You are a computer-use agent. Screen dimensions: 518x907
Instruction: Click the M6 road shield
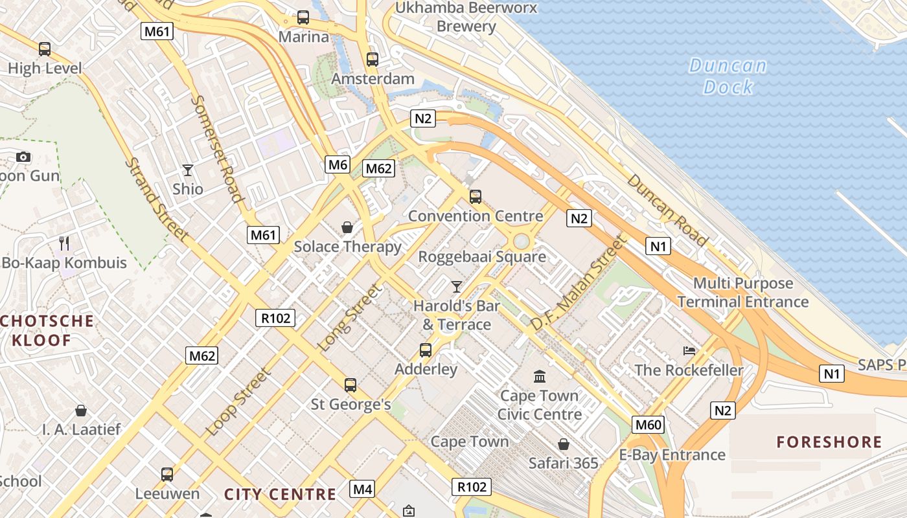tap(338, 164)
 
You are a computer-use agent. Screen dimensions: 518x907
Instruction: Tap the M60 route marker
tap(648, 425)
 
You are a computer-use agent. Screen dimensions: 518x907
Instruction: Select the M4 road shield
tap(362, 489)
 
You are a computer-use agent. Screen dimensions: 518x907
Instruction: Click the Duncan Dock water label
tap(728, 76)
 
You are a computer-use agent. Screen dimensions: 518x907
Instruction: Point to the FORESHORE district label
tap(829, 442)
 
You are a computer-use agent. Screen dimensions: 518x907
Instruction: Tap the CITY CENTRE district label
tap(280, 495)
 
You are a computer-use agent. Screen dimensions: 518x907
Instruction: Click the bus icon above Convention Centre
tap(476, 197)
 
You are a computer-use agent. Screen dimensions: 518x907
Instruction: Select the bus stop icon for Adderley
tap(426, 350)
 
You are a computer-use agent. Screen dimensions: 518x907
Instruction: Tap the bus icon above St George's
tap(350, 385)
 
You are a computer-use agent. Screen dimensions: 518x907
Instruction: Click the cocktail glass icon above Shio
tap(188, 170)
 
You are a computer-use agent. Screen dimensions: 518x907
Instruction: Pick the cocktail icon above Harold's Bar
tap(457, 286)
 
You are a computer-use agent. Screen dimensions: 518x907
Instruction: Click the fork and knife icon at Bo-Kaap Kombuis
tap(64, 243)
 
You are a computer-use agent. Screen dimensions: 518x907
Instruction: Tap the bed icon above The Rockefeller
tap(689, 351)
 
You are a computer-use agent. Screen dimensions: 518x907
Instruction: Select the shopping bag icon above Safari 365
tap(564, 444)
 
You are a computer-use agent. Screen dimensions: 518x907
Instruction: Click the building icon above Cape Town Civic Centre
tap(540, 376)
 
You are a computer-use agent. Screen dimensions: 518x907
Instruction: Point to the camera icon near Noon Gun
tap(23, 157)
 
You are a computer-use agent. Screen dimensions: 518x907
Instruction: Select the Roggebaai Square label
tap(482, 256)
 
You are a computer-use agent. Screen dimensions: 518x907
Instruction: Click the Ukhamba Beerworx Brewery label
tap(466, 17)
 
